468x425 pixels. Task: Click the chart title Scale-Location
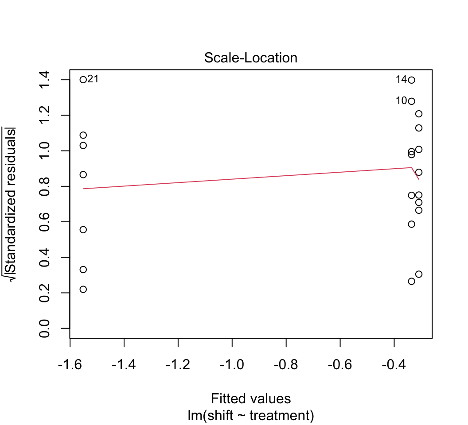(x=250, y=58)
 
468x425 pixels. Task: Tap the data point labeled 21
(x=83, y=80)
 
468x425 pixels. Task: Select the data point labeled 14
(x=411, y=80)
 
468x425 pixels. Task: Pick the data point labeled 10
(x=411, y=101)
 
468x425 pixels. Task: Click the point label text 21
(x=93, y=79)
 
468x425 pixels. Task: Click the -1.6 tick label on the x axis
(x=70, y=365)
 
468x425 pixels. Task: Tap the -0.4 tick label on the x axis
(x=394, y=365)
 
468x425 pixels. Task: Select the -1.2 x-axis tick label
(x=178, y=365)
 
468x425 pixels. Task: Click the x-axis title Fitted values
(x=251, y=398)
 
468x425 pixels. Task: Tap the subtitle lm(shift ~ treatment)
(x=251, y=416)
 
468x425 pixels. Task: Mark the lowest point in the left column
(x=83, y=289)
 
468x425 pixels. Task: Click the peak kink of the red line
(x=412, y=167)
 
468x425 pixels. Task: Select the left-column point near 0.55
(x=83, y=229)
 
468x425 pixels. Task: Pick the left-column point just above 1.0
(x=83, y=145)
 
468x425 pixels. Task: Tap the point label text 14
(x=401, y=80)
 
